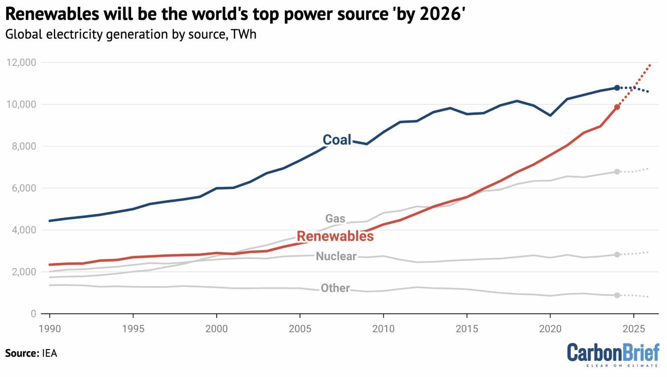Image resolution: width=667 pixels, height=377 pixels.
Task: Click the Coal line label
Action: click(337, 140)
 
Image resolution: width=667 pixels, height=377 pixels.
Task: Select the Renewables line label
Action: click(335, 236)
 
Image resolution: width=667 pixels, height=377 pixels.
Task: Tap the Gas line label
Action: click(335, 218)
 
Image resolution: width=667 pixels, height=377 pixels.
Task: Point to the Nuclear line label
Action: click(336, 256)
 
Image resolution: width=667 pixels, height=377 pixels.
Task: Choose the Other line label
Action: click(335, 288)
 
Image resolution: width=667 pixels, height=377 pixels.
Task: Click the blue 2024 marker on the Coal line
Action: click(617, 88)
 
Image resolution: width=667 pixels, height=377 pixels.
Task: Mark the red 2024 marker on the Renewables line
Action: click(617, 107)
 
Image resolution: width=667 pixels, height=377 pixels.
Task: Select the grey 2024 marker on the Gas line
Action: click(617, 172)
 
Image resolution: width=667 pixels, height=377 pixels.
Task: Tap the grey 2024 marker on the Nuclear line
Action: click(617, 254)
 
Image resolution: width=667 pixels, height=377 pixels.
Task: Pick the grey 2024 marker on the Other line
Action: click(617, 295)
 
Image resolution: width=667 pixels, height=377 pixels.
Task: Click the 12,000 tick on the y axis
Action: click(21, 63)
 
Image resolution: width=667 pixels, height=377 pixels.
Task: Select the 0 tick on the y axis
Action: click(33, 314)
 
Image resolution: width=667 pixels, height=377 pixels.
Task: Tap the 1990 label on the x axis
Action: click(50, 328)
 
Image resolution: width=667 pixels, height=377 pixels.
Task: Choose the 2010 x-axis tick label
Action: click(383, 328)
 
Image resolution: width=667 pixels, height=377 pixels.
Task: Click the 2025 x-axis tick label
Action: click(633, 328)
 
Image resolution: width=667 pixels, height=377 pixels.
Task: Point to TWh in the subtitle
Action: click(244, 34)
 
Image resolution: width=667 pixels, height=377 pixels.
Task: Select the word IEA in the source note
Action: click(50, 353)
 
